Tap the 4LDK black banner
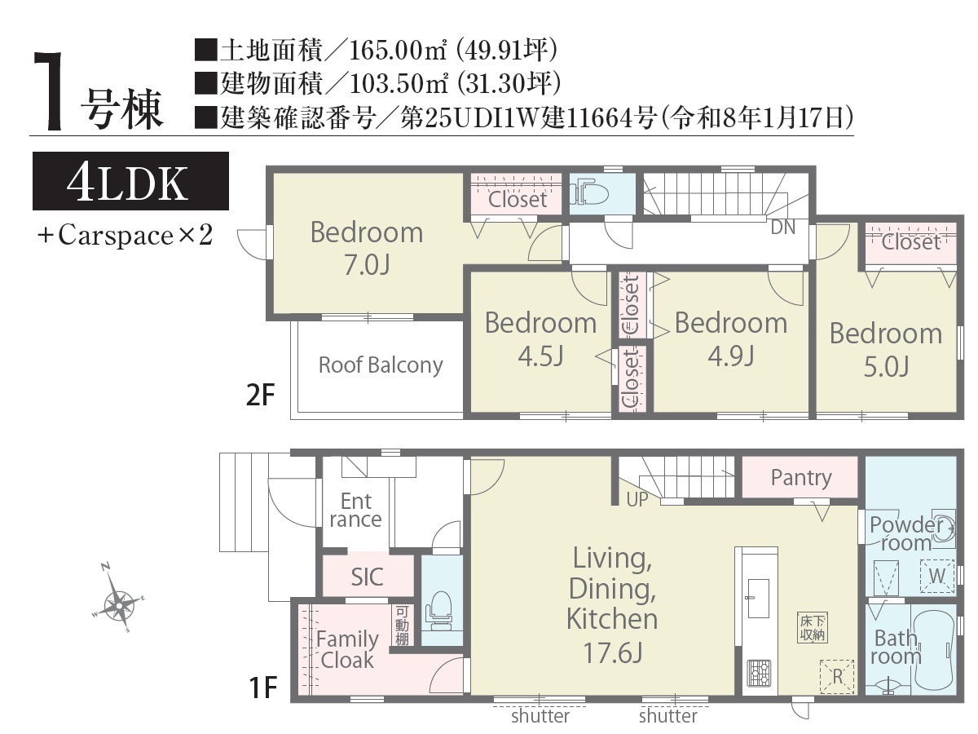click(x=130, y=181)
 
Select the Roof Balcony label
click(x=381, y=365)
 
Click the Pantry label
click(x=801, y=478)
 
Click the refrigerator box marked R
click(x=837, y=677)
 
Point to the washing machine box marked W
click(x=937, y=576)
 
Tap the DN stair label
click(x=783, y=228)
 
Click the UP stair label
click(x=637, y=500)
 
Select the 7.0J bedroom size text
click(x=367, y=265)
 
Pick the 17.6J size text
click(x=613, y=653)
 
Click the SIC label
click(x=367, y=577)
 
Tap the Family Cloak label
click(x=347, y=650)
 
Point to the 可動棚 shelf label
click(x=402, y=626)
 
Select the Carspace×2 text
click(x=126, y=235)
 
